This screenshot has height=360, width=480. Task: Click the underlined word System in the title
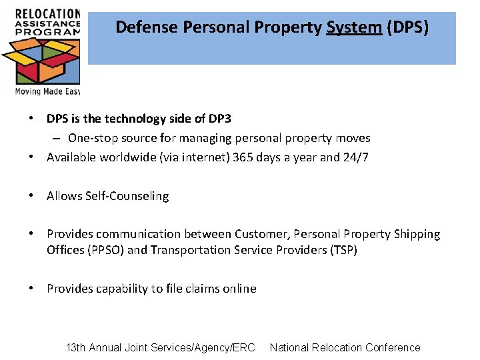pos(353,27)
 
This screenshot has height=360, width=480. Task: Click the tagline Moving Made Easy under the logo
pos(47,91)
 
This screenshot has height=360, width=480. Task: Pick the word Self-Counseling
pos(127,196)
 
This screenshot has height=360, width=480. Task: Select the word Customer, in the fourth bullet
pos(261,234)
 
